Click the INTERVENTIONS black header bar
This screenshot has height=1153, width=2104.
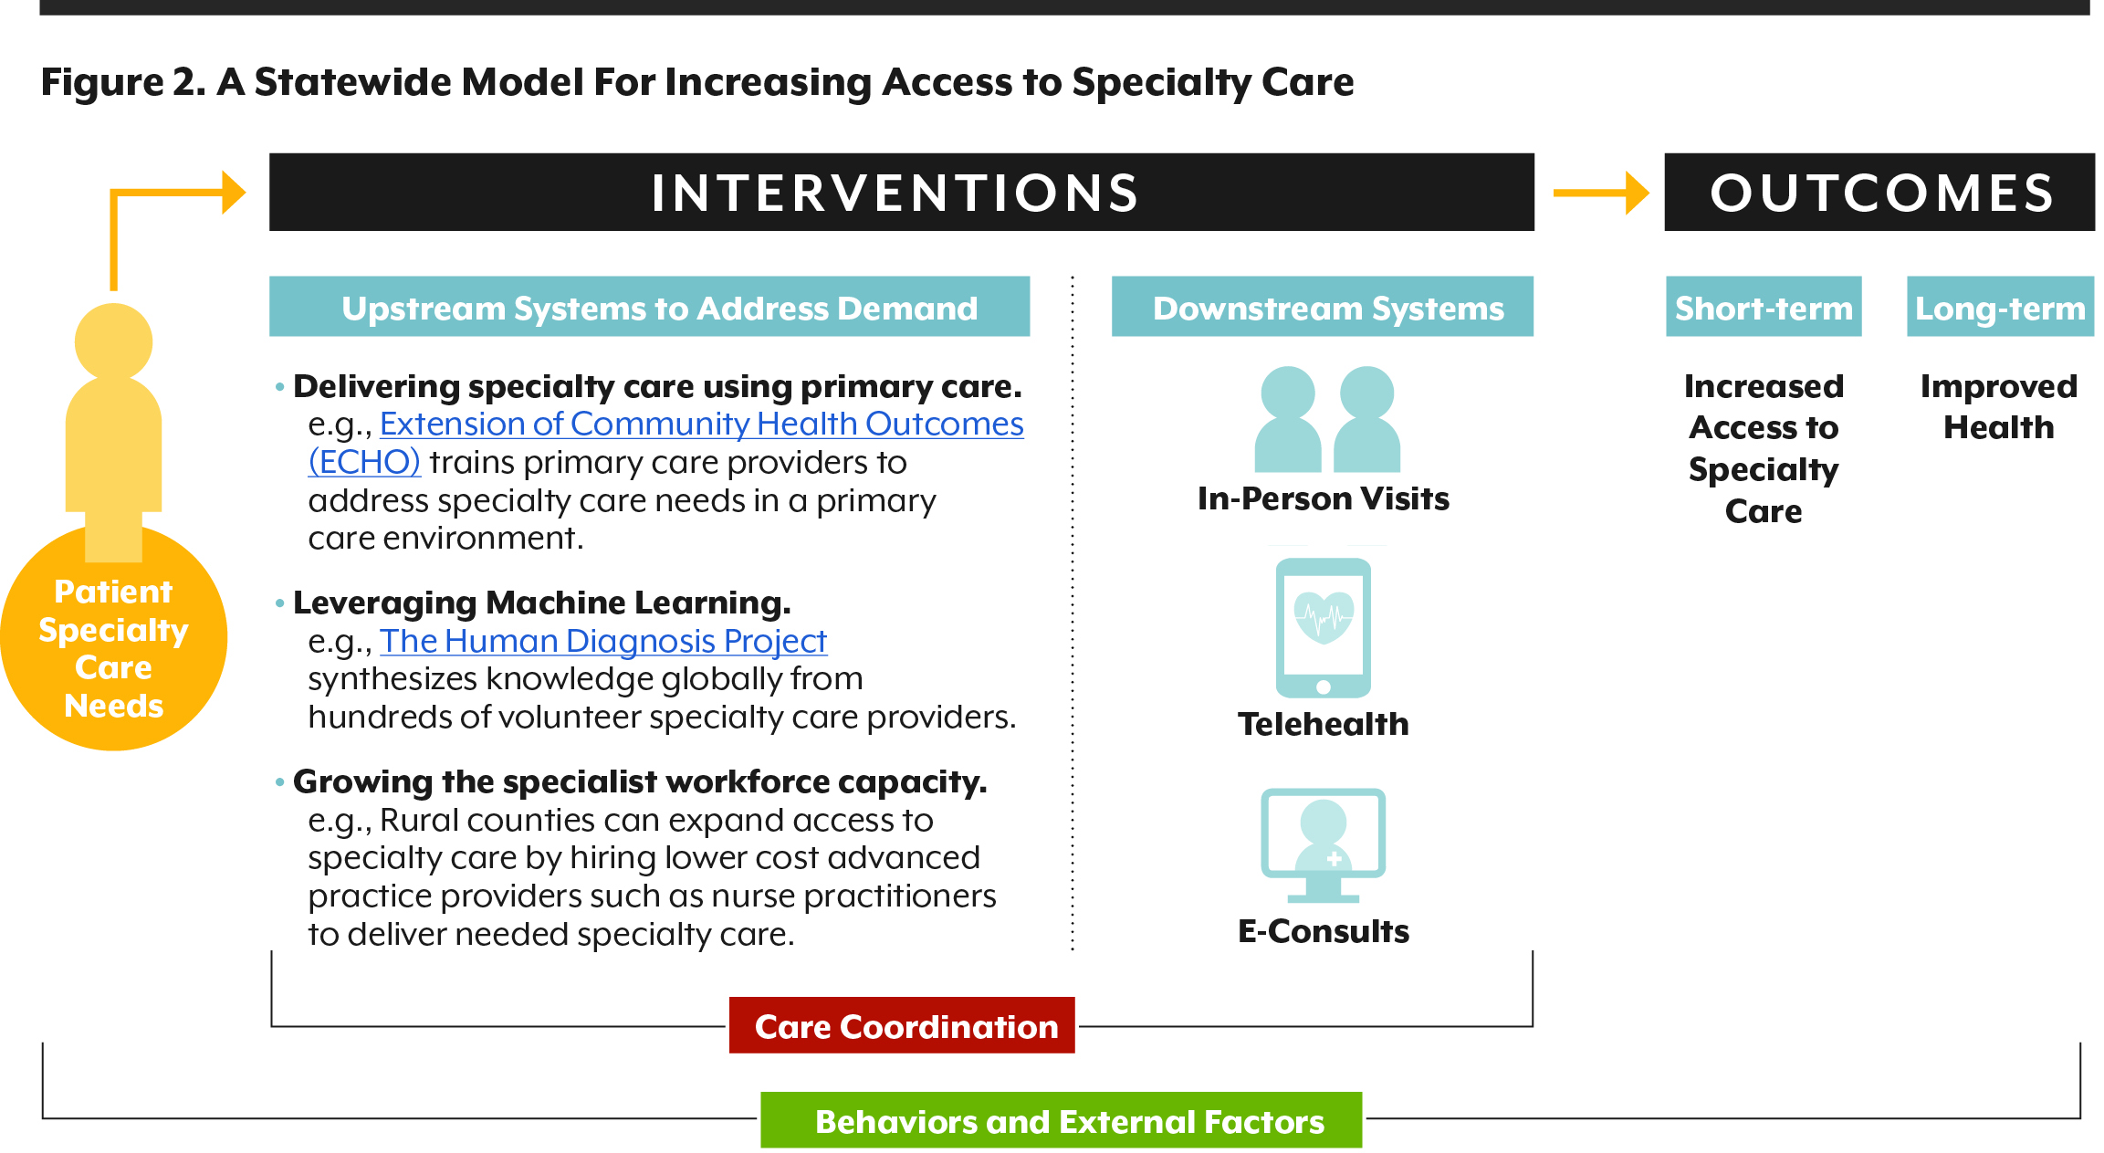901,192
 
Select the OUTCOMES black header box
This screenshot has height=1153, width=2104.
1879,192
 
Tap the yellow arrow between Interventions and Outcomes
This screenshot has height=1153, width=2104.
1600,193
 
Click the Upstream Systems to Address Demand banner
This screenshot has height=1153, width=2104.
649,307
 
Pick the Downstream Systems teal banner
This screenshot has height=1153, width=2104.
1322,307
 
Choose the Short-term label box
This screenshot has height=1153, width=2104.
1764,307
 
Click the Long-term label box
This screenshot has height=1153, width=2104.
2000,307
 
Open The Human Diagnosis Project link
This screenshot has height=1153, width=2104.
603,641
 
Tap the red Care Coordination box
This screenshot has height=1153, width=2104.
902,1025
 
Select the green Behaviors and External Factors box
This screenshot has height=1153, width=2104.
1061,1120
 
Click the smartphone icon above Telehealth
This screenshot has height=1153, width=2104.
1323,628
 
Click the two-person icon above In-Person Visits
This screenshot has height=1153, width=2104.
1327,419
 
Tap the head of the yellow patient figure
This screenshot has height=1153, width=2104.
113,342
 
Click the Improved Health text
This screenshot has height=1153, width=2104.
1999,407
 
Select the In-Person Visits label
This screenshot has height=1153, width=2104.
1323,498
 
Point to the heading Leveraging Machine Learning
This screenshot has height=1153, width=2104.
542,603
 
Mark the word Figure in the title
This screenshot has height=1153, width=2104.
102,82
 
